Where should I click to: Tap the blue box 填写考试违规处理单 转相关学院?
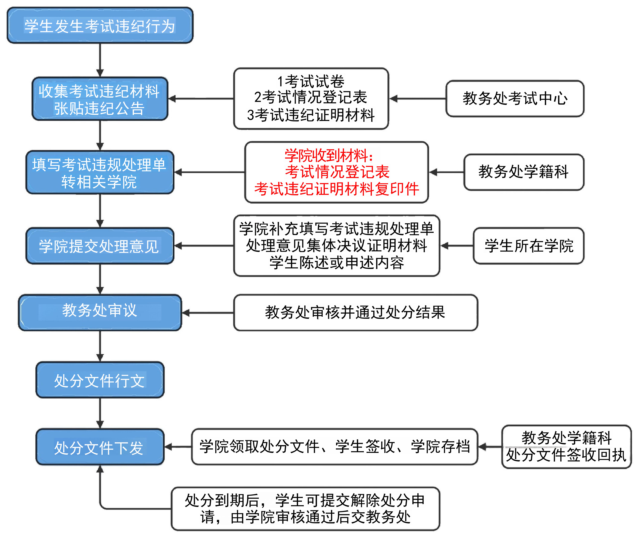(x=100, y=172)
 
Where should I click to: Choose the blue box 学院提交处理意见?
(x=100, y=246)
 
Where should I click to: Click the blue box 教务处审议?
(x=100, y=313)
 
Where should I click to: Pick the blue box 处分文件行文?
(x=100, y=380)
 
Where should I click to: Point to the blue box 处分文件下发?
(x=100, y=447)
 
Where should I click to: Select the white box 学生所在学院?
(x=529, y=246)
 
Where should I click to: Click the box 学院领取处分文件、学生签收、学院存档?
(x=335, y=447)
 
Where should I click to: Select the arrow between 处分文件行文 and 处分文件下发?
(x=100, y=413)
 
